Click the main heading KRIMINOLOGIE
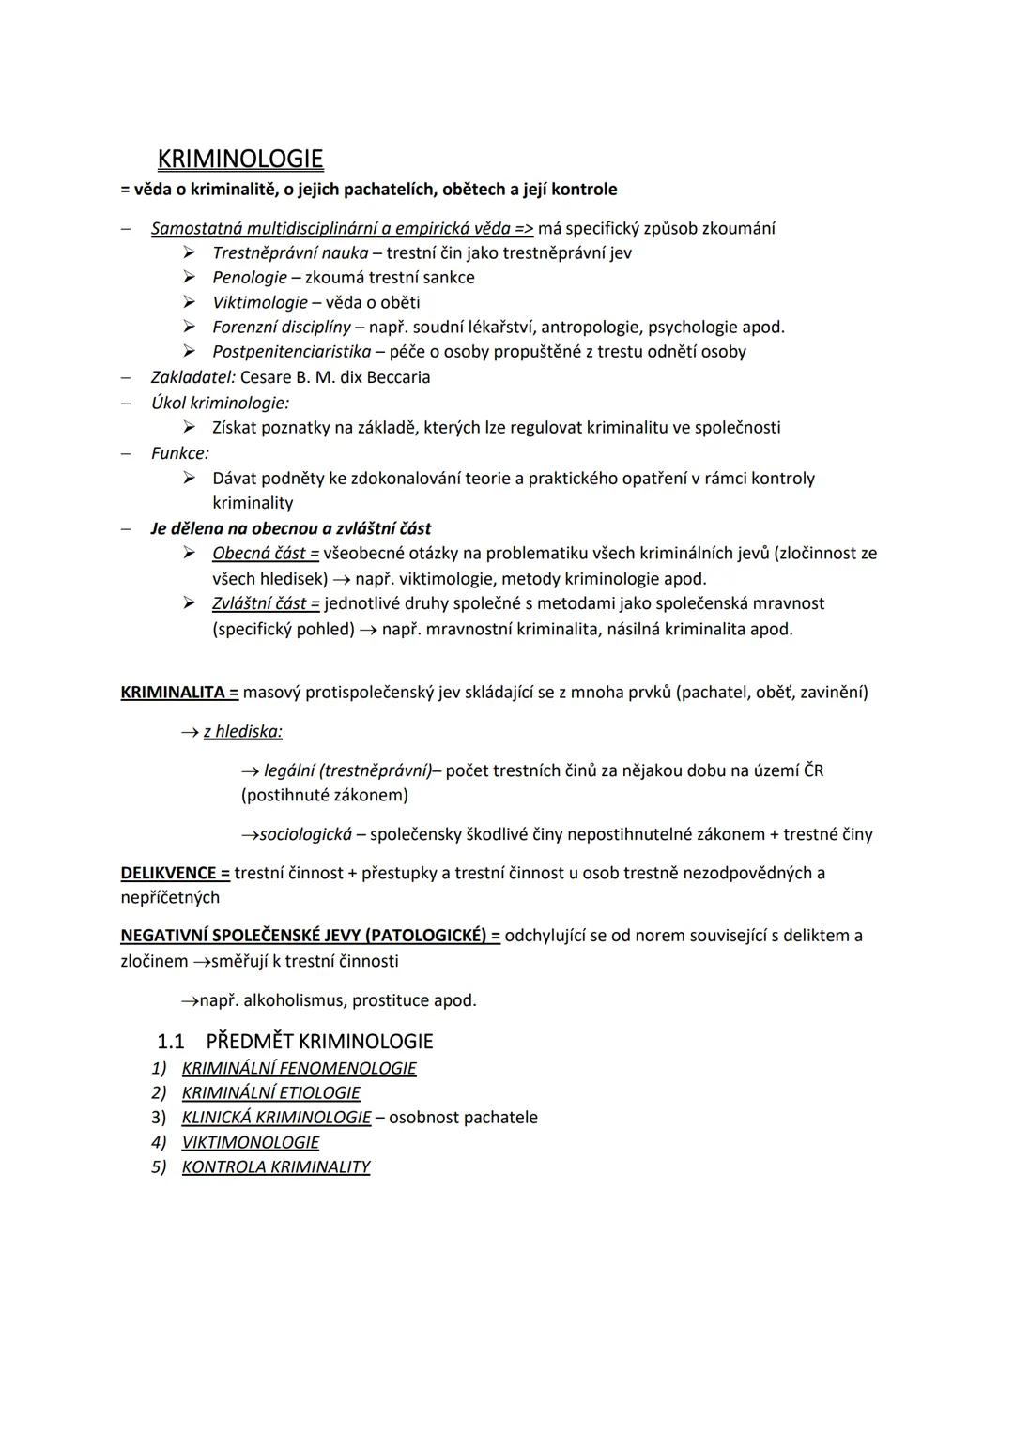tap(240, 159)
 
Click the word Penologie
tap(250, 278)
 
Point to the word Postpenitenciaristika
tap(292, 352)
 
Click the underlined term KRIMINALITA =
tap(179, 693)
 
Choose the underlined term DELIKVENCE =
tap(175, 873)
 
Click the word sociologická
tap(306, 834)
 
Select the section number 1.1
tap(170, 1042)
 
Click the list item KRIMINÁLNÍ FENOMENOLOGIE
tap(299, 1068)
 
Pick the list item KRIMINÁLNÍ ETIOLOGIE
tap(270, 1092)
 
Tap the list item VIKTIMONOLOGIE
tap(250, 1142)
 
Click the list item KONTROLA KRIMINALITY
tap(275, 1166)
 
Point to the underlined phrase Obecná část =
tap(266, 554)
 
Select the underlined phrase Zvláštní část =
tap(266, 603)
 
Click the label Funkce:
tap(180, 453)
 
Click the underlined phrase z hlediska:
tap(242, 731)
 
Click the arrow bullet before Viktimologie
tap(190, 302)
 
